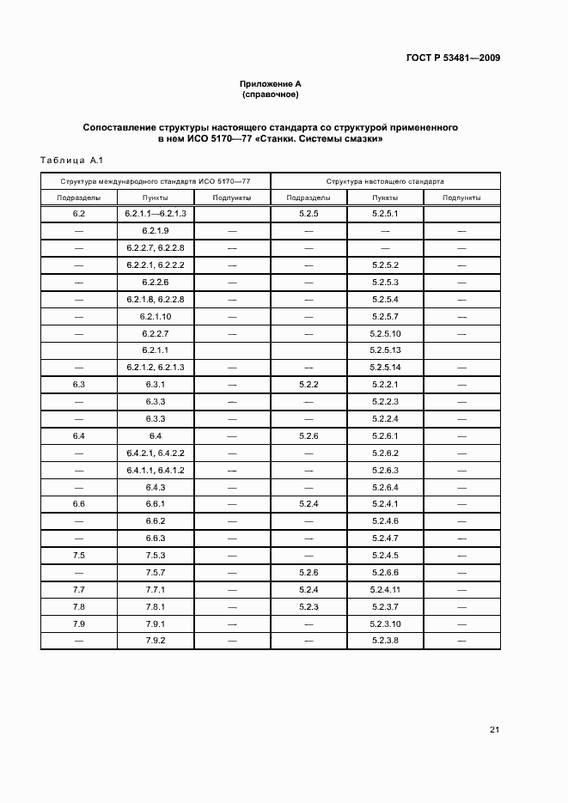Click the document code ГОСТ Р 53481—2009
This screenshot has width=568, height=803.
tap(452, 58)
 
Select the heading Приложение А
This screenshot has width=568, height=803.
tap(270, 83)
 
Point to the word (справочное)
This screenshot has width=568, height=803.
tap(270, 94)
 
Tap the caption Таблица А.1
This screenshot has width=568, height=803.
tap(71, 160)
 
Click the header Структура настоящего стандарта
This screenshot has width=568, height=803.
tap(385, 182)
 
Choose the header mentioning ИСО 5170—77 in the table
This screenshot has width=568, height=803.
tap(156, 182)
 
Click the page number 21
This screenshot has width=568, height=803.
tap(494, 730)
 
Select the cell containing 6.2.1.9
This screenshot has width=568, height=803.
tap(156, 231)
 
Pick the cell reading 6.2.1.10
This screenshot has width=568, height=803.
tap(156, 316)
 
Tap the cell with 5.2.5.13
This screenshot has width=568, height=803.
tap(385, 350)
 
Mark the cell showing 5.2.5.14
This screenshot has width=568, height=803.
tap(385, 368)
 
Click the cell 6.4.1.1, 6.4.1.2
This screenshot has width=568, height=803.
tap(156, 471)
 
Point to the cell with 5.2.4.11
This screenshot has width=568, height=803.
tap(385, 590)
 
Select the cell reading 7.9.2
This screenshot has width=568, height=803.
tap(156, 641)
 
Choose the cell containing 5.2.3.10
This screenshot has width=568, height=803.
tap(385, 624)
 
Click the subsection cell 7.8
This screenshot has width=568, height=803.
tap(79, 607)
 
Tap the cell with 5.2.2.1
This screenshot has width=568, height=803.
tap(385, 385)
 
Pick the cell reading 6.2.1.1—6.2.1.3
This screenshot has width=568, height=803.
tap(156, 213)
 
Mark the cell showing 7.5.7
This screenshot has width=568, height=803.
tap(156, 573)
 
